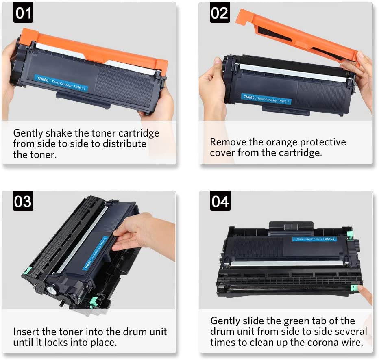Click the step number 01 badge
23,13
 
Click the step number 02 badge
220,13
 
